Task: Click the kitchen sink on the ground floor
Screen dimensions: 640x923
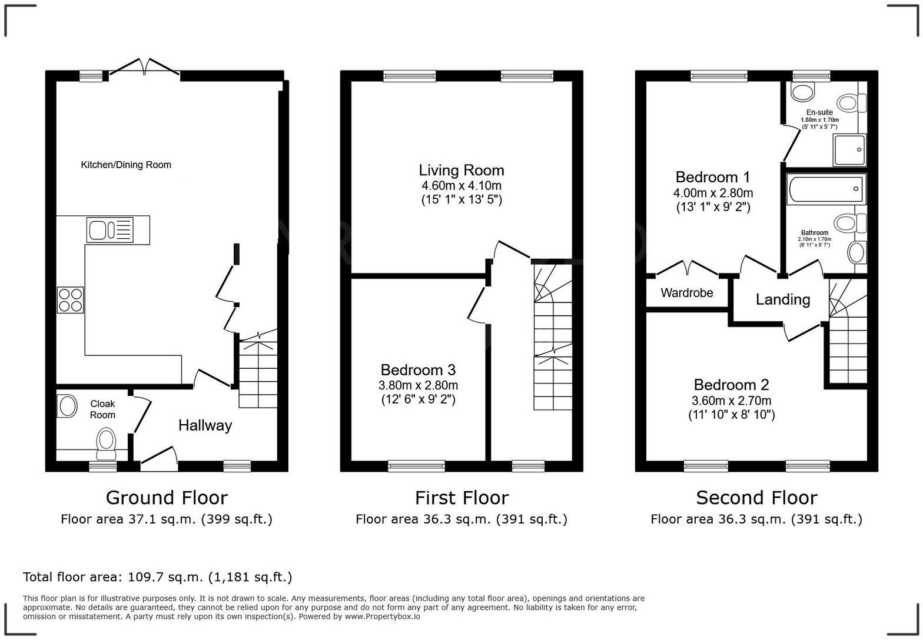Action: [x=110, y=229]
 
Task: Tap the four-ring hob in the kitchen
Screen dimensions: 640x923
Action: [x=71, y=299]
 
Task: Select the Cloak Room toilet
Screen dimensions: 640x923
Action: [x=107, y=442]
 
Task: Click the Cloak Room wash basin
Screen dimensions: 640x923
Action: [x=67, y=406]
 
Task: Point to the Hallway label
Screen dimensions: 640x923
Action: [x=205, y=425]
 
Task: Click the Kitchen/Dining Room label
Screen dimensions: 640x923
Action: [x=126, y=165]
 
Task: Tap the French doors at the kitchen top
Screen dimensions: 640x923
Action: [x=144, y=67]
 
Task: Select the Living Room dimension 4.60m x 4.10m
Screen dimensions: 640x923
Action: [x=462, y=186]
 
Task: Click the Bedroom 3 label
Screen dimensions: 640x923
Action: [x=418, y=370]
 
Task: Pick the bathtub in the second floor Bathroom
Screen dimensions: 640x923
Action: [x=825, y=189]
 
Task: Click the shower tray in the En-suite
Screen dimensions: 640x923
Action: [x=849, y=150]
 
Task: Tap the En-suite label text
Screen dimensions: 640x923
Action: [x=819, y=112]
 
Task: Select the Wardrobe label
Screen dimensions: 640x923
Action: [x=686, y=293]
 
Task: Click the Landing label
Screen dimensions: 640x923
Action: [x=782, y=299]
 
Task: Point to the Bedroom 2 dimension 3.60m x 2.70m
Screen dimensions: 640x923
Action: [x=732, y=401]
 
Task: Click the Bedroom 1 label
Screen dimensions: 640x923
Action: [x=713, y=177]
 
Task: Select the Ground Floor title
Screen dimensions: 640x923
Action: [x=167, y=498]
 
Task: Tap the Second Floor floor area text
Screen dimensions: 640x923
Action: [x=756, y=519]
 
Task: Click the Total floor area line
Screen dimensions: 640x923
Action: [x=157, y=576]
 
